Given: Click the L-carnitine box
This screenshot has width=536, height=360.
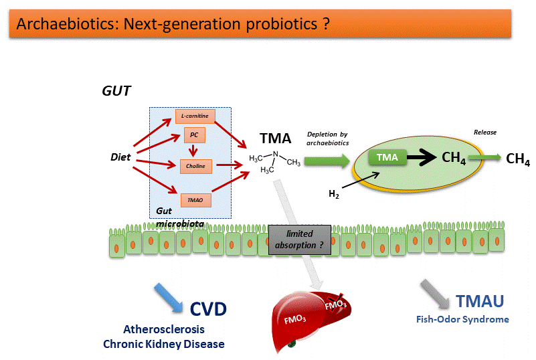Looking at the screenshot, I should point(195,116).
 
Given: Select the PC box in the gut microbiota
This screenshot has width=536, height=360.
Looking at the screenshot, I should point(194,137).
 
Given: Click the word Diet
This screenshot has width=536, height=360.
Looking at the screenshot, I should point(120,158).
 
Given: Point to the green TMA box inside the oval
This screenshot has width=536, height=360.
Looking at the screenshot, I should point(387,158).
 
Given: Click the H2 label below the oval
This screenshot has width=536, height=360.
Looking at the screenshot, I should point(333,194).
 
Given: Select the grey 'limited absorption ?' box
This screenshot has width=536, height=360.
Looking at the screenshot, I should point(300,239).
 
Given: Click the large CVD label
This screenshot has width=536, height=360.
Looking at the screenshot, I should point(208,308).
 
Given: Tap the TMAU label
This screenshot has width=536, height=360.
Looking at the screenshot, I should point(480,302).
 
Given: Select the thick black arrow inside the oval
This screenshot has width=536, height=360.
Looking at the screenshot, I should point(420,158).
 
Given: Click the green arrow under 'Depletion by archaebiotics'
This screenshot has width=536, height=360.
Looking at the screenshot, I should point(327,161).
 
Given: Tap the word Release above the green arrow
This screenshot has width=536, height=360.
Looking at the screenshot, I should point(485,132).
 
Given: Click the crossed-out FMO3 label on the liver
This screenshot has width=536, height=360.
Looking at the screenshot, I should point(335,305).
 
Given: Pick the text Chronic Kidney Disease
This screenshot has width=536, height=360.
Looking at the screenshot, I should point(164,344).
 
